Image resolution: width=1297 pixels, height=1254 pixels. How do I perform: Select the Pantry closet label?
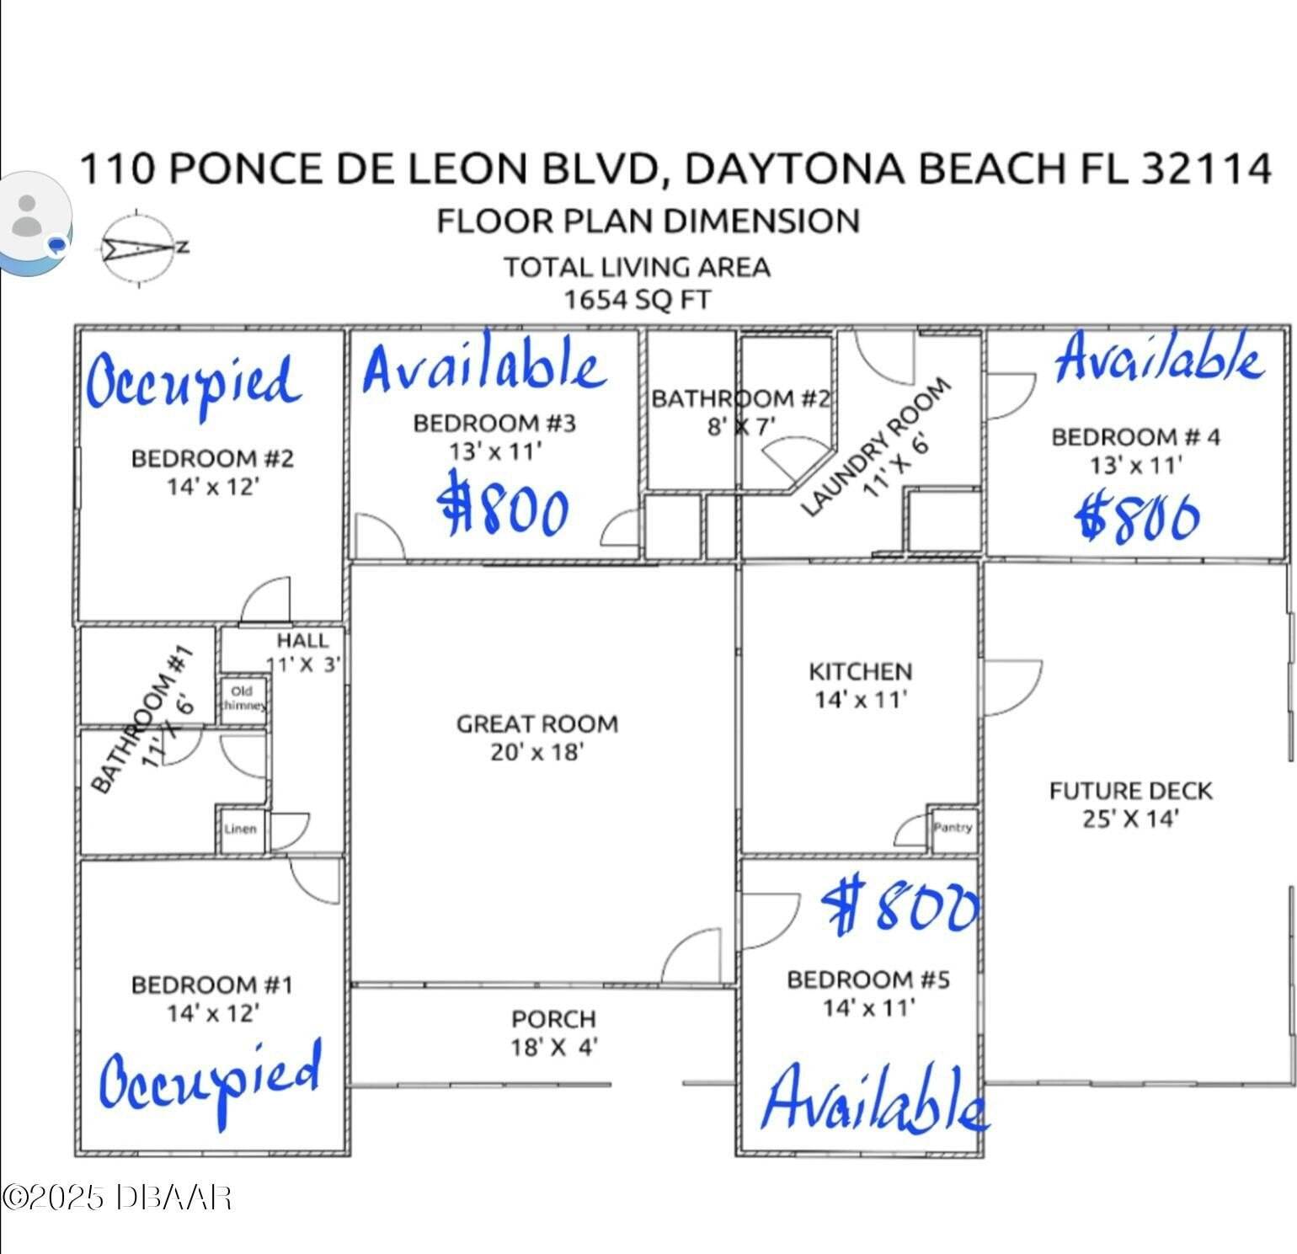tap(953, 827)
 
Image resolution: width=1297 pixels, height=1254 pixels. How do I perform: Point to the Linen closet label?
tap(240, 829)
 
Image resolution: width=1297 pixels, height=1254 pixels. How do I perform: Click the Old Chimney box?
tap(243, 698)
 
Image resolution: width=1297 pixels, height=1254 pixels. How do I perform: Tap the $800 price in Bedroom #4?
tap(1138, 516)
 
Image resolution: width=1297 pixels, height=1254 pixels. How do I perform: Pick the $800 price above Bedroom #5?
tap(900, 906)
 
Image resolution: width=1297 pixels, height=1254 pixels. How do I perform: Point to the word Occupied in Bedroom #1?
tap(211, 1082)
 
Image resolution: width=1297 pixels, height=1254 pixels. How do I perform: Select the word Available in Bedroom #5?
tap(875, 1098)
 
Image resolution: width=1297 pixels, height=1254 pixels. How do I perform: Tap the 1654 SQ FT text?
tap(637, 300)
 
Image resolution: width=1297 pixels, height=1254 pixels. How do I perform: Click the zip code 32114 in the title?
tap(1206, 168)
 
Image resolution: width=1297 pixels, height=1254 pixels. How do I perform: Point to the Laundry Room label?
tap(875, 446)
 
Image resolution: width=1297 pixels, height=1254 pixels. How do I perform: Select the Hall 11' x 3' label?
tap(303, 652)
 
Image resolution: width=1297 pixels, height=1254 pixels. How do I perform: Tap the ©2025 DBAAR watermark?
tap(116, 1197)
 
